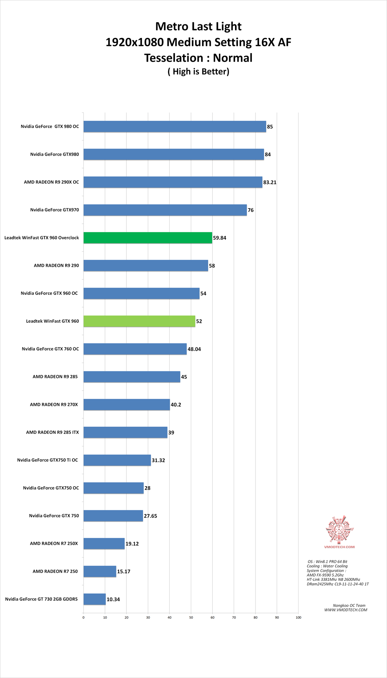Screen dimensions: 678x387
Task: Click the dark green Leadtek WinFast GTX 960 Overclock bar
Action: [148, 238]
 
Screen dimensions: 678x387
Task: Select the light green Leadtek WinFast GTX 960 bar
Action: [139, 321]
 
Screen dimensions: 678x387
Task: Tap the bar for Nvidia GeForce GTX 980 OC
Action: [175, 127]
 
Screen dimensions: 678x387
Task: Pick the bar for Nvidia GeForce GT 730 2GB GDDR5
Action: [95, 599]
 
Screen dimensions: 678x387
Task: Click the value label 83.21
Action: [270, 182]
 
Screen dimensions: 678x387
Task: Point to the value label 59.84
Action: [220, 238]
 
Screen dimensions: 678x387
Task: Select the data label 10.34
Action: [113, 599]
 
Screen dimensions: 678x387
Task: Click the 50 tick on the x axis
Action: [191, 617]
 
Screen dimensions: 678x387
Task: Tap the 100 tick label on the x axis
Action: [298, 617]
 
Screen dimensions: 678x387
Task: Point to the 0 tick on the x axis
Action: [83, 617]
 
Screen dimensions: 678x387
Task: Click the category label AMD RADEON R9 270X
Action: [54, 404]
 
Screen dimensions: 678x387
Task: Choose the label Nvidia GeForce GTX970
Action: [54, 210]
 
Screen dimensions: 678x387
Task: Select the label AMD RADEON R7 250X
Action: [54, 544]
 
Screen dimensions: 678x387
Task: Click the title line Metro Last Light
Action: [198, 27]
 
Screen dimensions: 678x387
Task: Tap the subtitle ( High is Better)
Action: [198, 71]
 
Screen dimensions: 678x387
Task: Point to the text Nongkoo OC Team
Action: [349, 605]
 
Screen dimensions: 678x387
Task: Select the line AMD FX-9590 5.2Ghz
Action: [325, 575]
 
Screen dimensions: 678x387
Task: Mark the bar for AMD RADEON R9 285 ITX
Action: [125, 432]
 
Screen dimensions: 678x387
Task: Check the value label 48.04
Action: [194, 349]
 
